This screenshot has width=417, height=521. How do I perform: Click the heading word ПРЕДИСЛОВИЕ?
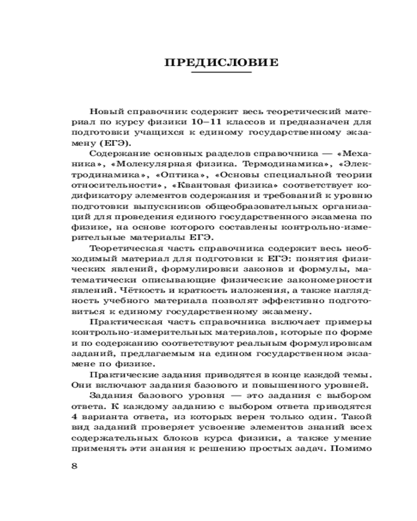point(222,64)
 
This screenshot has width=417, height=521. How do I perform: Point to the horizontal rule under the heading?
point(222,73)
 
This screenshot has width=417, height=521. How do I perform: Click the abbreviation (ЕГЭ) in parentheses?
point(117,144)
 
